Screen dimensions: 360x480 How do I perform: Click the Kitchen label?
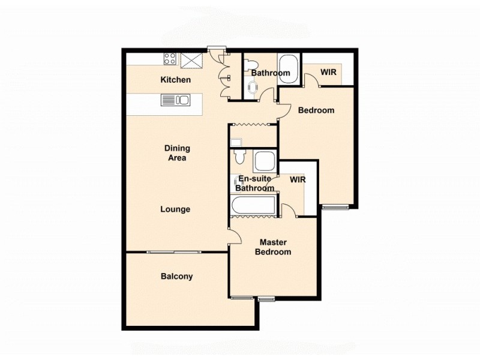(x=176, y=80)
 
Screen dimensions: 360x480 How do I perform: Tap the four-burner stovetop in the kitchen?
(x=170, y=59)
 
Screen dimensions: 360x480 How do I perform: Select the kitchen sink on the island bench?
(x=175, y=100)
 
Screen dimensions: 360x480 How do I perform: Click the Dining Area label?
(x=178, y=153)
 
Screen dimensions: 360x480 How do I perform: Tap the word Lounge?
(x=175, y=209)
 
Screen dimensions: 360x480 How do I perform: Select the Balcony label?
(x=177, y=277)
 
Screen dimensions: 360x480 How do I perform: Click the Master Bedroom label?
(x=273, y=247)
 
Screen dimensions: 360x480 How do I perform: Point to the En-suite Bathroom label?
(x=255, y=184)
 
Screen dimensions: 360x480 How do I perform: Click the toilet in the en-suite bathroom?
(x=240, y=157)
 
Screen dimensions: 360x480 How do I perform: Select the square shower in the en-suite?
(x=264, y=161)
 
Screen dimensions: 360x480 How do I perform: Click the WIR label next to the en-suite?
(x=298, y=179)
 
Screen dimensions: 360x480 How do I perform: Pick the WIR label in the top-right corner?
(x=328, y=72)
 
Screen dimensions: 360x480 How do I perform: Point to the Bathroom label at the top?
(x=271, y=73)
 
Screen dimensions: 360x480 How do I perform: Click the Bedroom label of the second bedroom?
(x=316, y=110)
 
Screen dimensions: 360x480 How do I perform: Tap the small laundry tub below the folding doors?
(x=236, y=142)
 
